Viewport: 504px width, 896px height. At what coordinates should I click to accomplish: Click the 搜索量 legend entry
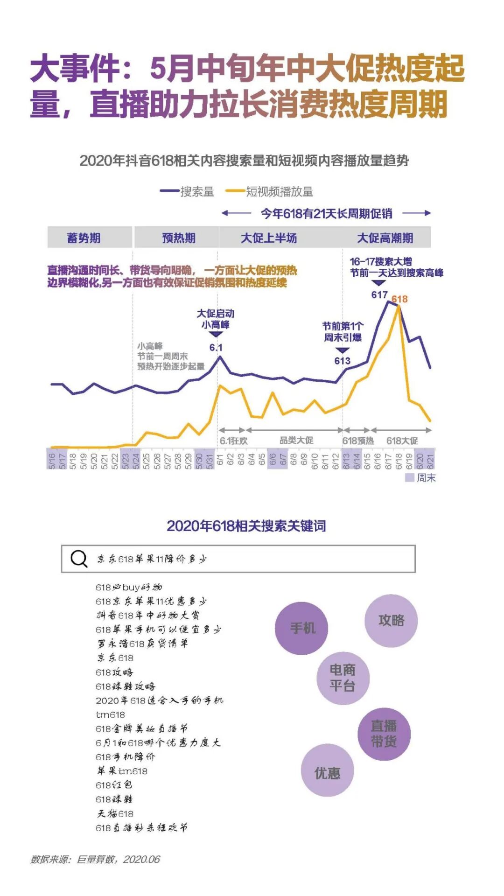pos(187,191)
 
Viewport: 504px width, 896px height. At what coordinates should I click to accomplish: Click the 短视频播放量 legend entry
pos(269,191)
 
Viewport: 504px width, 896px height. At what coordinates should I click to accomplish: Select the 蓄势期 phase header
pos(84,238)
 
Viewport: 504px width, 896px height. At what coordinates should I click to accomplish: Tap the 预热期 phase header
pos(178,238)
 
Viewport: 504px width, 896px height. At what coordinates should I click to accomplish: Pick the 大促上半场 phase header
pos(269,238)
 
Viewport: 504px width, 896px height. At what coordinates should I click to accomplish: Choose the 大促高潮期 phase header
pos(385,238)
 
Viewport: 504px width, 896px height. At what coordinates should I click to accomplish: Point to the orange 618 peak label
pos(399,299)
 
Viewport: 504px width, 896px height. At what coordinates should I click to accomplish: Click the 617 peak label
pos(379,295)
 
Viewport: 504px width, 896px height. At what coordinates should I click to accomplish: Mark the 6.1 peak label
pos(216,347)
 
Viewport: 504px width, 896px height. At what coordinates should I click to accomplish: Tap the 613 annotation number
pos(342,361)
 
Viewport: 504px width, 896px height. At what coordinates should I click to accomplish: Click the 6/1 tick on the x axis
pos(220,459)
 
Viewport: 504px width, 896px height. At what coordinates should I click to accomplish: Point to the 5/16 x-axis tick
pos(52,460)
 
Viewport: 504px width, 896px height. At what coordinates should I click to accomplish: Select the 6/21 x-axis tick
pos(430,460)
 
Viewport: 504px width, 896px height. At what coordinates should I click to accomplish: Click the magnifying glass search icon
pos(79,559)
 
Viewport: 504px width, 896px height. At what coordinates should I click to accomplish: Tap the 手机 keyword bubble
pos(302,628)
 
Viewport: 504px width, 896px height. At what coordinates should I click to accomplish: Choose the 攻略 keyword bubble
pos(391,620)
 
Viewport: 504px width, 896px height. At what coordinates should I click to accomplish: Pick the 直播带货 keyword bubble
pos(384,734)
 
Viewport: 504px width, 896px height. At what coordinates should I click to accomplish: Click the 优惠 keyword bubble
pos(327,773)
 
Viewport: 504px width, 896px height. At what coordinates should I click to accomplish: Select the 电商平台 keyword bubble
pos(343,678)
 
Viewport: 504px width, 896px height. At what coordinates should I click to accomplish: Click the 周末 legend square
pos(410,477)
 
